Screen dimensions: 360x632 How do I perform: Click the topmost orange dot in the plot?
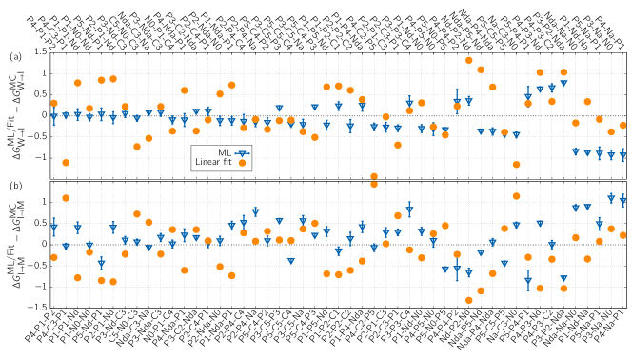click(x=469, y=60)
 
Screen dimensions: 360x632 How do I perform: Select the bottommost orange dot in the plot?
click(x=469, y=300)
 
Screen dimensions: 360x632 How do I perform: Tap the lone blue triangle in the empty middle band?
click(x=243, y=153)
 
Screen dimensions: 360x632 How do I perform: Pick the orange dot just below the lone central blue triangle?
click(x=243, y=163)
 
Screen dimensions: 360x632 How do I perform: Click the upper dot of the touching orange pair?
click(x=374, y=176)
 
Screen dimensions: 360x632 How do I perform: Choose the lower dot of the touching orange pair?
click(x=374, y=184)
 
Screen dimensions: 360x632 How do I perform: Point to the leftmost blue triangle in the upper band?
click(x=54, y=116)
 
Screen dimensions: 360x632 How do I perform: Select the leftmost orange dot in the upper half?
click(x=54, y=103)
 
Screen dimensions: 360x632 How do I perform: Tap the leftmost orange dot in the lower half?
click(x=54, y=257)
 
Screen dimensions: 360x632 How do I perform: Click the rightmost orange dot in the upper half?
click(x=623, y=125)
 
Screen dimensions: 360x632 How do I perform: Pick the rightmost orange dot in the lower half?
click(x=623, y=235)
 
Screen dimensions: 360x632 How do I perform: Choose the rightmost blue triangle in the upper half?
click(x=623, y=155)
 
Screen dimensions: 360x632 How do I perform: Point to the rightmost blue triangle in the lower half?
click(x=623, y=200)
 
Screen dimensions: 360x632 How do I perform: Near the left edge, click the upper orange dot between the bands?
click(x=66, y=163)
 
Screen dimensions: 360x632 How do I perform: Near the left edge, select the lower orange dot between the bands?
click(x=66, y=198)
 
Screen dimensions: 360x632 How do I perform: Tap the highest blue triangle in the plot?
click(x=563, y=84)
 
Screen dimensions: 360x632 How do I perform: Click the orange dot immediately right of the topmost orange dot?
click(x=481, y=70)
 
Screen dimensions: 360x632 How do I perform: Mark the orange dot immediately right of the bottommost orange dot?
click(x=481, y=290)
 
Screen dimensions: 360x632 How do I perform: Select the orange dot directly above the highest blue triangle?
click(x=563, y=72)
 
